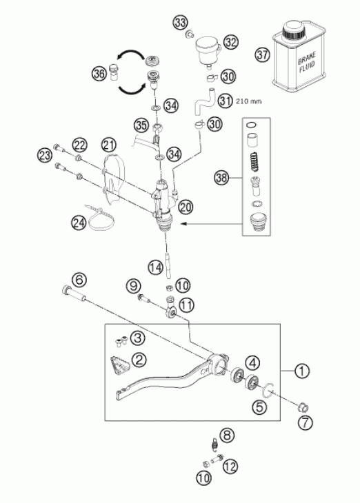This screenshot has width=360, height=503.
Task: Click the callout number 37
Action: [x=263, y=54]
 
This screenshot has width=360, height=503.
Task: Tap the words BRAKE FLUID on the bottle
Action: [x=307, y=62]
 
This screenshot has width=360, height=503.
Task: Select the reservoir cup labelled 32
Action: [x=208, y=51]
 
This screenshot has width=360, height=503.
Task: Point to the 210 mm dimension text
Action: [x=248, y=101]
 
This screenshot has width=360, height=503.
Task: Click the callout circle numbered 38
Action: [x=221, y=177]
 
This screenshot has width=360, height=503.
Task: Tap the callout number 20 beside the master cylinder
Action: [x=186, y=207]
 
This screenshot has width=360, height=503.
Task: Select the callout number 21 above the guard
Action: [x=109, y=145]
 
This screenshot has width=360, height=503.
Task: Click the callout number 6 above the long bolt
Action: [x=79, y=280]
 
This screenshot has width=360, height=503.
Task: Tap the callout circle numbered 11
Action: [x=187, y=305]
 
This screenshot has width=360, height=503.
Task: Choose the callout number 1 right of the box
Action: [x=302, y=371]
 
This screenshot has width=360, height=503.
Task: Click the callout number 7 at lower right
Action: [x=305, y=423]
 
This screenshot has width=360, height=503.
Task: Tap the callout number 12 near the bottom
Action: [x=230, y=466]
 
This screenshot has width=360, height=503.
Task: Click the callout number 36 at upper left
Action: [x=99, y=74]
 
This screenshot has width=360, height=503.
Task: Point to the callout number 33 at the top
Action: [x=181, y=23]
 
